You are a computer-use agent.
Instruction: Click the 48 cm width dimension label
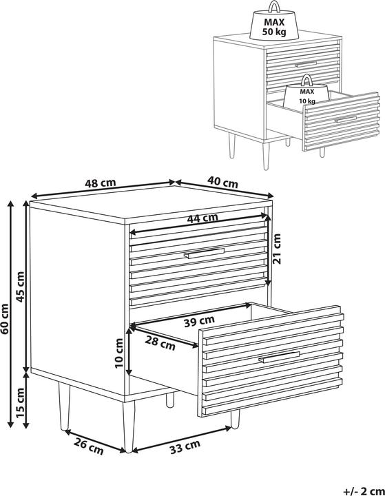[101, 183]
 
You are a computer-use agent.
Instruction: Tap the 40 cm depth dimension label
[222, 183]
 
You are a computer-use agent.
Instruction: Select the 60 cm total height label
[5, 319]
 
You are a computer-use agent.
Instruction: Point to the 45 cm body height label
[20, 287]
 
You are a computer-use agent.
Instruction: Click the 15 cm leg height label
[20, 402]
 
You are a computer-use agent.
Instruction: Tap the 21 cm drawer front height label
[277, 249]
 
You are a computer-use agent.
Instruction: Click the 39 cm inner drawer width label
[199, 321]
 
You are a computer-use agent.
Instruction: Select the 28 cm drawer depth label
[160, 344]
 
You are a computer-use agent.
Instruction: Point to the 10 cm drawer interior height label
[119, 353]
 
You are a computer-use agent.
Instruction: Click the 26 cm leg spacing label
[89, 447]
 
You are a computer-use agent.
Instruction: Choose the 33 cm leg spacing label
[185, 446]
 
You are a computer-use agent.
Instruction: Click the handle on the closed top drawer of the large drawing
[204, 254]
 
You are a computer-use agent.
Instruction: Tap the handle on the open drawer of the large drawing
[279, 357]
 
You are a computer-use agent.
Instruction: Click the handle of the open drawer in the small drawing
[346, 119]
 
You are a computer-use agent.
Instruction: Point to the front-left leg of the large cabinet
[129, 426]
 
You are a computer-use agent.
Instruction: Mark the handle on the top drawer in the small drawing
[306, 64]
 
